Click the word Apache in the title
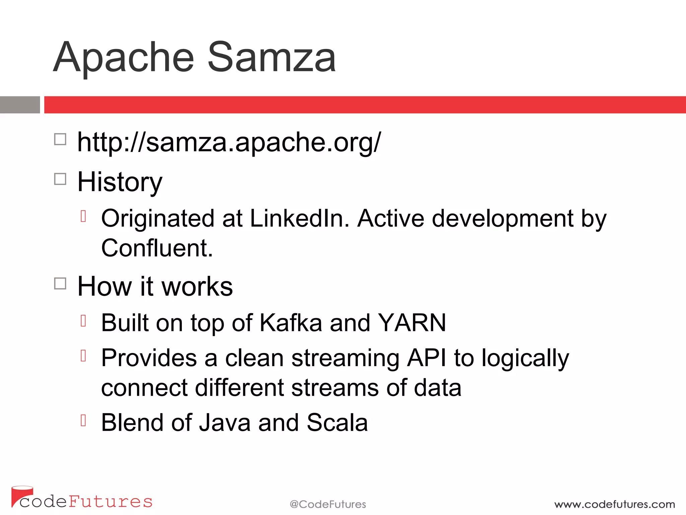pyautogui.click(x=124, y=58)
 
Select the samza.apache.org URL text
pyautogui.click(x=229, y=142)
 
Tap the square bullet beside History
pyautogui.click(x=60, y=179)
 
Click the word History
pyautogui.click(x=120, y=182)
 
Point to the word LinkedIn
pyautogui.click(x=299, y=219)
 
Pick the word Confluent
pyautogui.click(x=157, y=248)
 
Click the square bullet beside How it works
pyautogui.click(x=60, y=284)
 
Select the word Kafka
pyautogui.click(x=291, y=323)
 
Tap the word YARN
pyautogui.click(x=412, y=323)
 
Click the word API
pyautogui.click(x=426, y=358)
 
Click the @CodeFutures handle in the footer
pyautogui.click(x=328, y=504)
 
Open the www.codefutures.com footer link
pyautogui.click(x=614, y=504)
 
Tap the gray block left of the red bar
pyautogui.click(x=20, y=105)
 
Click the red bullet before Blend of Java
pyautogui.click(x=83, y=420)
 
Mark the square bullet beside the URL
pyautogui.click(x=60, y=139)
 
